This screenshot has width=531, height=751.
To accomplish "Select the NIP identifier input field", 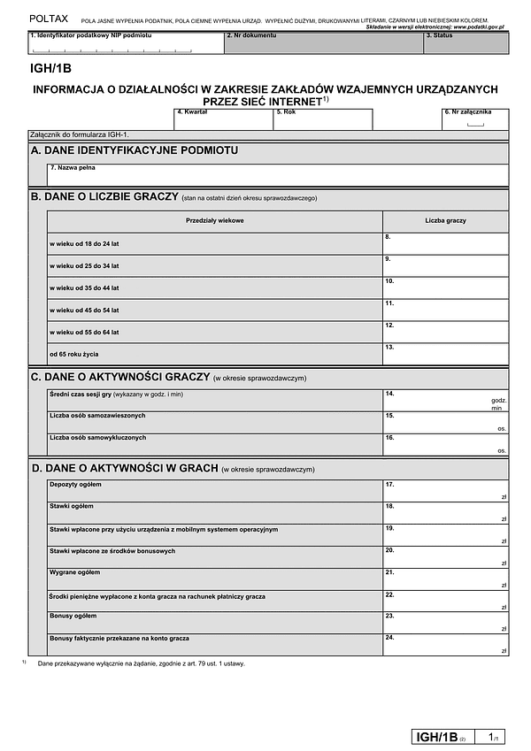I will (x=125, y=43).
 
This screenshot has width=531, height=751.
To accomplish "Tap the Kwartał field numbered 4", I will (x=223, y=120).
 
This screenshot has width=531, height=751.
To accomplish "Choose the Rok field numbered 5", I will (x=322, y=120).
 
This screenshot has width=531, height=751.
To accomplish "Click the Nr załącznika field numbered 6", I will (x=475, y=121).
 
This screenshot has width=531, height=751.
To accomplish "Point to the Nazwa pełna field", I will (x=278, y=174).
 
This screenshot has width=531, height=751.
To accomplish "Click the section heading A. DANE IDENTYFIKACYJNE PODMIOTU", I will (x=135, y=150).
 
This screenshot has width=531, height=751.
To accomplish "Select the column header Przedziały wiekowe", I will (x=215, y=220).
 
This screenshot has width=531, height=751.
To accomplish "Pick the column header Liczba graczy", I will (x=445, y=220).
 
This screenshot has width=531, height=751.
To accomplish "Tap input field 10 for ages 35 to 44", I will (x=445, y=287).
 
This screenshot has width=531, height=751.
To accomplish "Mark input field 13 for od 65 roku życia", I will (x=445, y=354).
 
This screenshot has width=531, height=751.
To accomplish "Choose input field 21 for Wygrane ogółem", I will (x=445, y=579).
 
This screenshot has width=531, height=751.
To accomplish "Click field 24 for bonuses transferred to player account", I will (x=445, y=645).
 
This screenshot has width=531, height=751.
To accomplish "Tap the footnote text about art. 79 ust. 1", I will (x=142, y=663).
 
